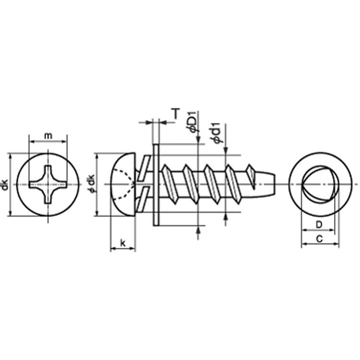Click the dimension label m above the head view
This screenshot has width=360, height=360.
[48, 136]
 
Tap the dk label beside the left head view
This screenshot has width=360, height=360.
[5, 185]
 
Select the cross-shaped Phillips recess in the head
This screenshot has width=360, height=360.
[48, 184]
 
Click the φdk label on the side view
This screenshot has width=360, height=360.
[91, 184]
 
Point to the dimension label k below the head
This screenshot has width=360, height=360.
[123, 243]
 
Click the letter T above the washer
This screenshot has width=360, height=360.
[176, 113]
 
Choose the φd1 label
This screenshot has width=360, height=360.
[217, 133]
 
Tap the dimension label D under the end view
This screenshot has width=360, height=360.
[319, 225]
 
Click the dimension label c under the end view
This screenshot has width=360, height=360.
[319, 239]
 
